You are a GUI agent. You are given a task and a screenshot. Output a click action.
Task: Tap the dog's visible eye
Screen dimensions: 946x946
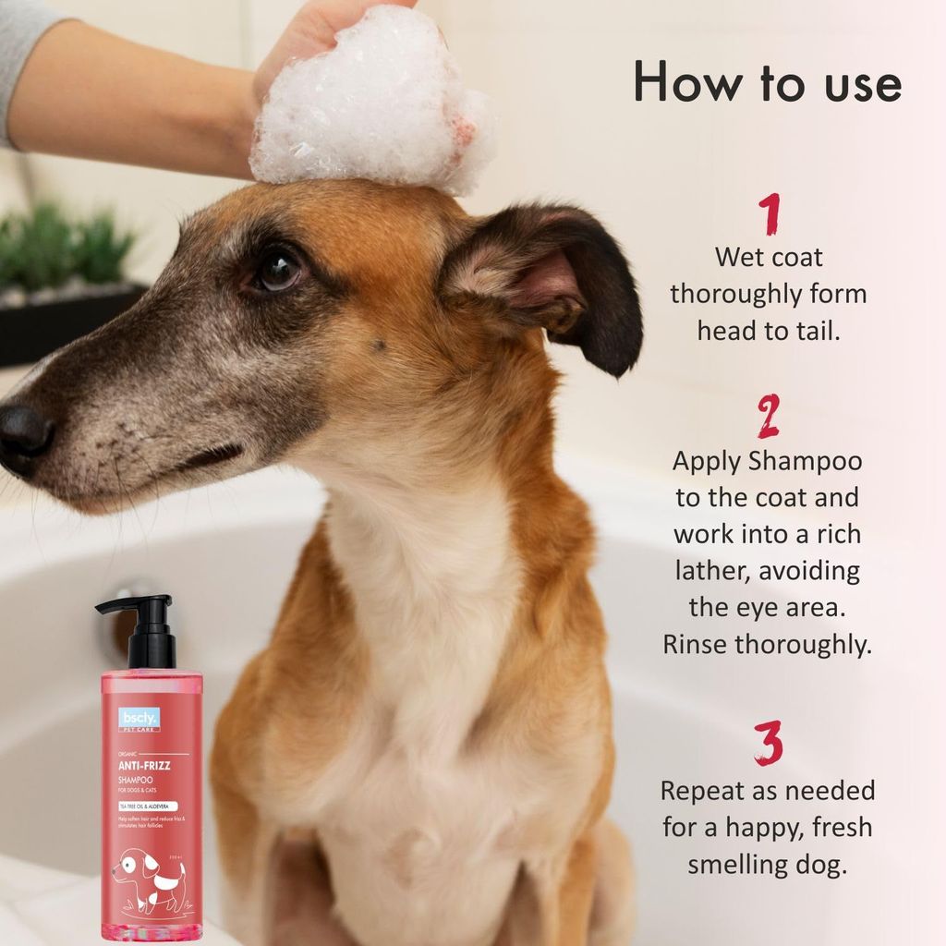[278, 269]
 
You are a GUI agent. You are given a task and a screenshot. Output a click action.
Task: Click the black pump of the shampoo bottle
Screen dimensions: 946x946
[148, 628]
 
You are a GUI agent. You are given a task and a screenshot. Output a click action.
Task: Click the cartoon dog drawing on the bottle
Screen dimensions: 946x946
[148, 879]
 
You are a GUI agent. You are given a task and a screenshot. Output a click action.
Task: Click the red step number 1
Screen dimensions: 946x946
[769, 214]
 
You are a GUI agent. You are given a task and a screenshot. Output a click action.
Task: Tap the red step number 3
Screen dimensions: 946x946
[769, 743]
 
